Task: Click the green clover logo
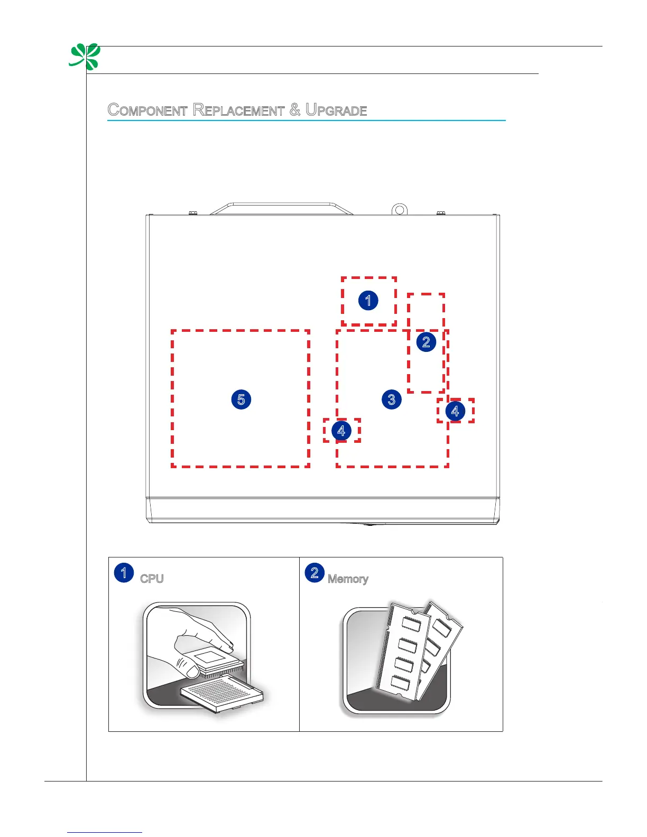85,57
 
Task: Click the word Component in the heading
147,110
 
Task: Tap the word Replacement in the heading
238,110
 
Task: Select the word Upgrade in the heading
336,110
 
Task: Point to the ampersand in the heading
295,110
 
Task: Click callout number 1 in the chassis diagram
368,301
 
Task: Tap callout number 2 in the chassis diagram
426,342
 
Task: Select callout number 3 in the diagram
392,399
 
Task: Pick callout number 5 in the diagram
241,399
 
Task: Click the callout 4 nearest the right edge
455,411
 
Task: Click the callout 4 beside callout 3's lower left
341,431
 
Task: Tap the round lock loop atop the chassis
400,210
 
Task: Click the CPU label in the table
152,579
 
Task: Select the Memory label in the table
348,579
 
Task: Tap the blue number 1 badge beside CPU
124,573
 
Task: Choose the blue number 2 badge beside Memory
315,573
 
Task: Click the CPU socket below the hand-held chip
222,692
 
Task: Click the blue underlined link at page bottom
105,832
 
